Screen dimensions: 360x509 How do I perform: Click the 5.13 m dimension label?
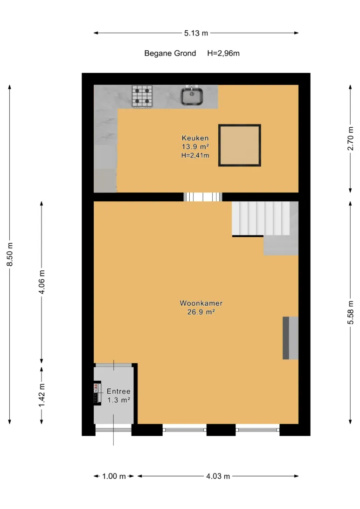pyautogui.click(x=196, y=33)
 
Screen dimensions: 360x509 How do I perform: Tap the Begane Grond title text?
pyautogui.click(x=170, y=53)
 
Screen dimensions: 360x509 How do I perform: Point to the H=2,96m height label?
pyautogui.click(x=223, y=53)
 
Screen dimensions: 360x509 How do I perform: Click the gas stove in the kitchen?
pyautogui.click(x=142, y=96)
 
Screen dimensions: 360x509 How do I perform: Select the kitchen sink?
pyautogui.click(x=192, y=96)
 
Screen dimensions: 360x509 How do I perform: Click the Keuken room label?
pyautogui.click(x=195, y=138)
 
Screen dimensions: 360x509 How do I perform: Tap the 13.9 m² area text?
pyautogui.click(x=195, y=147)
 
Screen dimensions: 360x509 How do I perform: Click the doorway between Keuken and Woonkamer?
pyautogui.click(x=203, y=197)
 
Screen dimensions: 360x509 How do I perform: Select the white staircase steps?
pyautogui.click(x=261, y=218)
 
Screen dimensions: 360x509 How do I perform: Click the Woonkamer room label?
pyautogui.click(x=201, y=303)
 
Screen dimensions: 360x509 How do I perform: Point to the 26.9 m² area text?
pyautogui.click(x=201, y=312)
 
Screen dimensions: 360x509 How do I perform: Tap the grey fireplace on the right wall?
pyautogui.click(x=290, y=338)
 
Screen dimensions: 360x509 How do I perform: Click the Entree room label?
pyautogui.click(x=118, y=392)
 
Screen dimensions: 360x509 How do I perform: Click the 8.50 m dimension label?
pyautogui.click(x=10, y=254)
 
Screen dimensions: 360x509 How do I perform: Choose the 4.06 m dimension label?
pyautogui.click(x=42, y=282)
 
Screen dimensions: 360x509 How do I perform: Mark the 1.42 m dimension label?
pyautogui.click(x=42, y=395)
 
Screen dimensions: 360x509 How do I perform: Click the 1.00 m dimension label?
pyautogui.click(x=114, y=476)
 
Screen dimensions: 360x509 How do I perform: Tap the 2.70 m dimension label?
pyautogui.click(x=351, y=138)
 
